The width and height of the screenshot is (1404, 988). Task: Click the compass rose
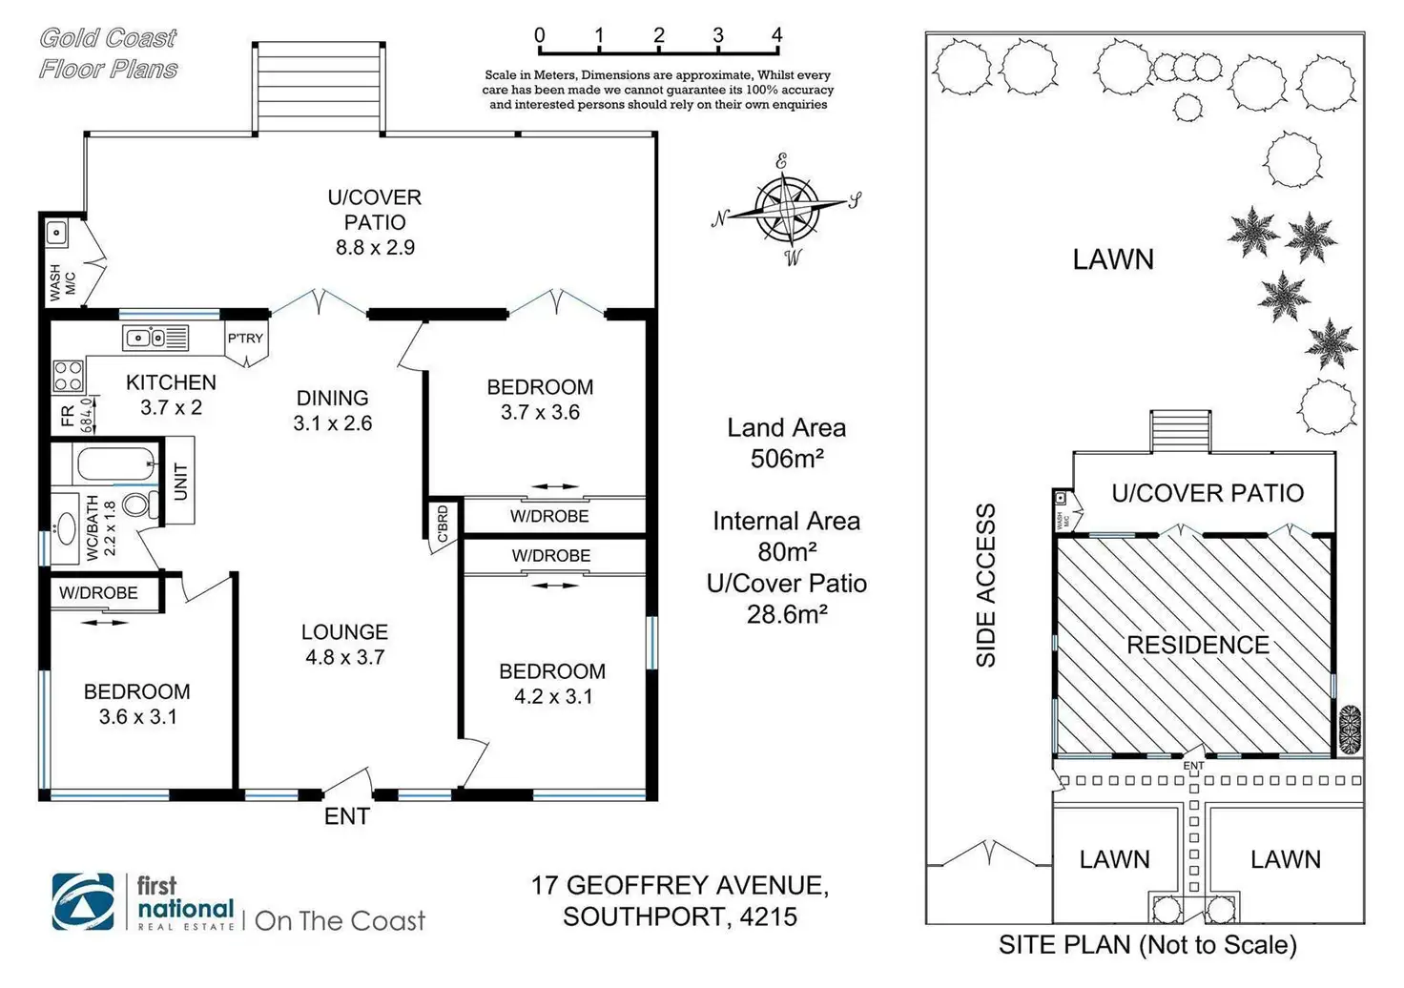788,209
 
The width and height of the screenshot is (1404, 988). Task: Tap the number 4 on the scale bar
777,35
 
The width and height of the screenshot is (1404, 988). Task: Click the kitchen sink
156,338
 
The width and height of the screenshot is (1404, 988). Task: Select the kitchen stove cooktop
68,376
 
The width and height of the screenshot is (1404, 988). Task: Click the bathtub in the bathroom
115,464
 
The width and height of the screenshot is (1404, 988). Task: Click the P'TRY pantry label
245,339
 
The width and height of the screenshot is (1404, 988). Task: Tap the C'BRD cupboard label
443,525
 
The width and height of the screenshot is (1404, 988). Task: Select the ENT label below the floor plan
346,816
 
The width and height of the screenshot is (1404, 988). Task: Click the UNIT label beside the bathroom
181,481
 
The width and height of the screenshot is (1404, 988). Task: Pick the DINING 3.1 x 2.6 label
332,410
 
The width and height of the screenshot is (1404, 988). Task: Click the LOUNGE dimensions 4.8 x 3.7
344,657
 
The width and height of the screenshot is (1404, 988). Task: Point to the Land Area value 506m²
786,459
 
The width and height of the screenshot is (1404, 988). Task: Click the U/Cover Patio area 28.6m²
786,614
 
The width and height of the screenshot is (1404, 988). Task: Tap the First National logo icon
83,901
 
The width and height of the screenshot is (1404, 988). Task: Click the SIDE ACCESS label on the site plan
985,585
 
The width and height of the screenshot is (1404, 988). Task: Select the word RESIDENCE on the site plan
1197,645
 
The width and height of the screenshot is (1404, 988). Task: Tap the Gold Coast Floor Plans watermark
109,53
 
